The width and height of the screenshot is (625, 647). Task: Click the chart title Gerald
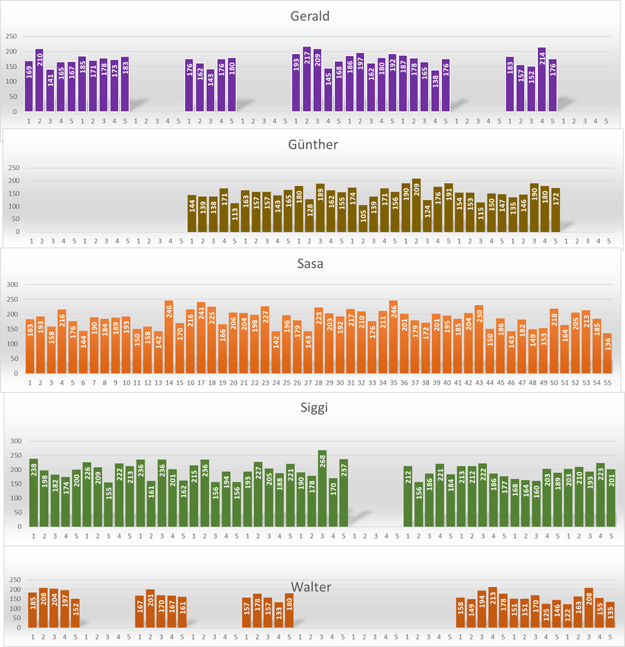(309, 16)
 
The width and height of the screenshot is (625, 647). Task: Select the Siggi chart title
(314, 408)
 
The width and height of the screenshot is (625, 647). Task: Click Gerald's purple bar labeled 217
(307, 79)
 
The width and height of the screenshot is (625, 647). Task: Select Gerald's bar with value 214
(542, 80)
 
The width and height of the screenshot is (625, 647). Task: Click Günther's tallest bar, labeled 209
(416, 206)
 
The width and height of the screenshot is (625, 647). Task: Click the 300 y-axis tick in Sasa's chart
(12, 285)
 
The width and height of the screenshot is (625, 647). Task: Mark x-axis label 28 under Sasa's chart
(318, 383)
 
